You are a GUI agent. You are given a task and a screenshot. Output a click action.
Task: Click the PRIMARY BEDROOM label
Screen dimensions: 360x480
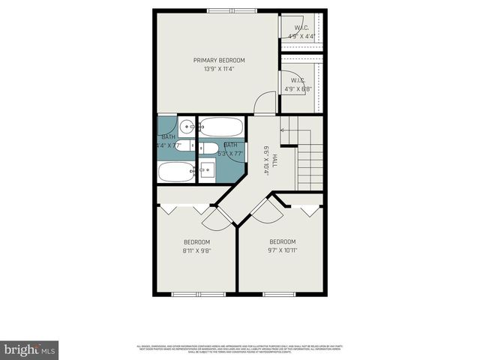(219, 61)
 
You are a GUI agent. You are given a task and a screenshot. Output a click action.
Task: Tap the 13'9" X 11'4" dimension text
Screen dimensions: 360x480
(219, 70)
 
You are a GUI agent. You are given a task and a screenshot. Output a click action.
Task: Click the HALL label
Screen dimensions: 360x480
(274, 160)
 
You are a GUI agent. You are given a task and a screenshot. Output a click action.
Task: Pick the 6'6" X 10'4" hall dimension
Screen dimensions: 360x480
(265, 160)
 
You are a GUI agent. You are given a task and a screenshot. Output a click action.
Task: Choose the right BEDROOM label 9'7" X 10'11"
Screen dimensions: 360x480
(283, 247)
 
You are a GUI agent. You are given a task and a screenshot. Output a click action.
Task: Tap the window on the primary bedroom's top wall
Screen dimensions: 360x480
(232, 10)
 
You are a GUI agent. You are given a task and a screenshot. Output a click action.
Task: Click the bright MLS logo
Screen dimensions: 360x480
(29, 349)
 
